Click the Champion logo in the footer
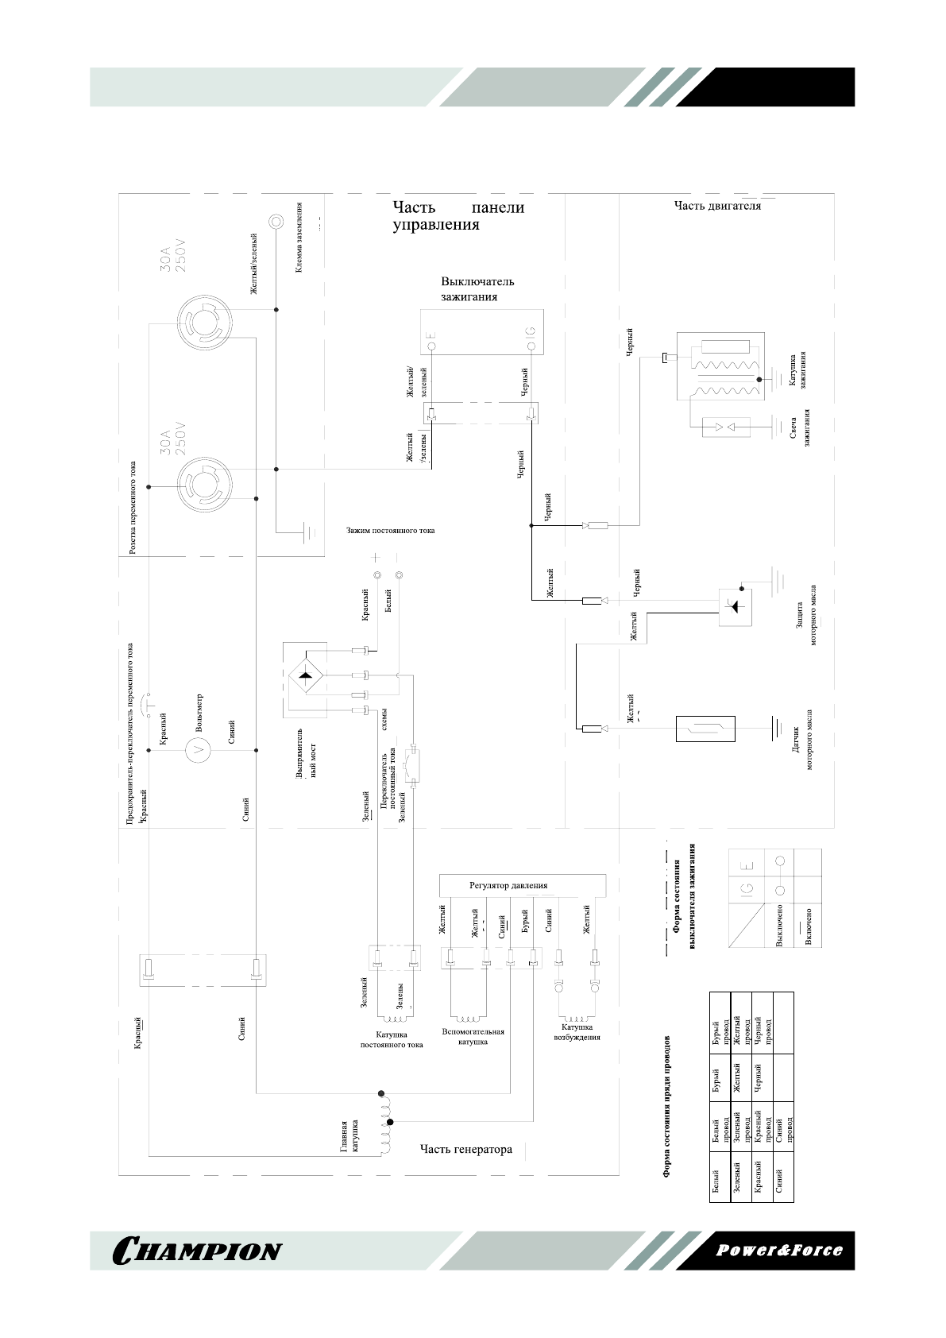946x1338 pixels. tap(198, 1251)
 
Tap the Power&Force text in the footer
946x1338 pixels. tap(779, 1250)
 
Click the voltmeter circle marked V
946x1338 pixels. tap(199, 748)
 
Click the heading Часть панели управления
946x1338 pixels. tap(458, 216)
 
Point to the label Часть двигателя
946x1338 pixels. tap(717, 206)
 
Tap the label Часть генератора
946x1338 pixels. tap(465, 1149)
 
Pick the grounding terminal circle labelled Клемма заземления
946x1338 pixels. tap(276, 221)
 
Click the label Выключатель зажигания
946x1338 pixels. tap(477, 289)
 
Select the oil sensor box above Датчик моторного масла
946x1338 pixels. tap(705, 729)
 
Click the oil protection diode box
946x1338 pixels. tap(735, 606)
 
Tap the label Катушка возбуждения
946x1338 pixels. tap(576, 1032)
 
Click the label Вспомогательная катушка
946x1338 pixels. tap(473, 1036)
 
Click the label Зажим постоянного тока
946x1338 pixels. tap(390, 531)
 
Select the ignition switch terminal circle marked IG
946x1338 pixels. tap(531, 346)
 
